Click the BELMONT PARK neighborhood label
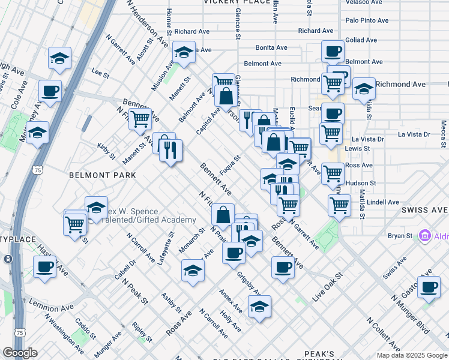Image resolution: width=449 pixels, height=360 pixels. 102,175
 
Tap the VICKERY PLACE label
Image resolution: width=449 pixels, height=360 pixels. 237,2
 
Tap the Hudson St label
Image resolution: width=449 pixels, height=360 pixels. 361,183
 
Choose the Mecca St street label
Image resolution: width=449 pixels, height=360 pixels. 443,134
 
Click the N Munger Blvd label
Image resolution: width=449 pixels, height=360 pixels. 411,314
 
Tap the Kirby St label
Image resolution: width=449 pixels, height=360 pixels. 106,151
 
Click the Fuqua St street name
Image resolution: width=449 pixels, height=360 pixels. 230,166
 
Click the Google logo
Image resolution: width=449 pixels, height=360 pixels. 20,353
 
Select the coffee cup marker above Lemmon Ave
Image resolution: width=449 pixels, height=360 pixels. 44,268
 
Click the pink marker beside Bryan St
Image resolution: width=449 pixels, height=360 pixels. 426,235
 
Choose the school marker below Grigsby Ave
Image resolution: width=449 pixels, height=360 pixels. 259,308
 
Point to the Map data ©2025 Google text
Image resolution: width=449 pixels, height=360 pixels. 411,355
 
